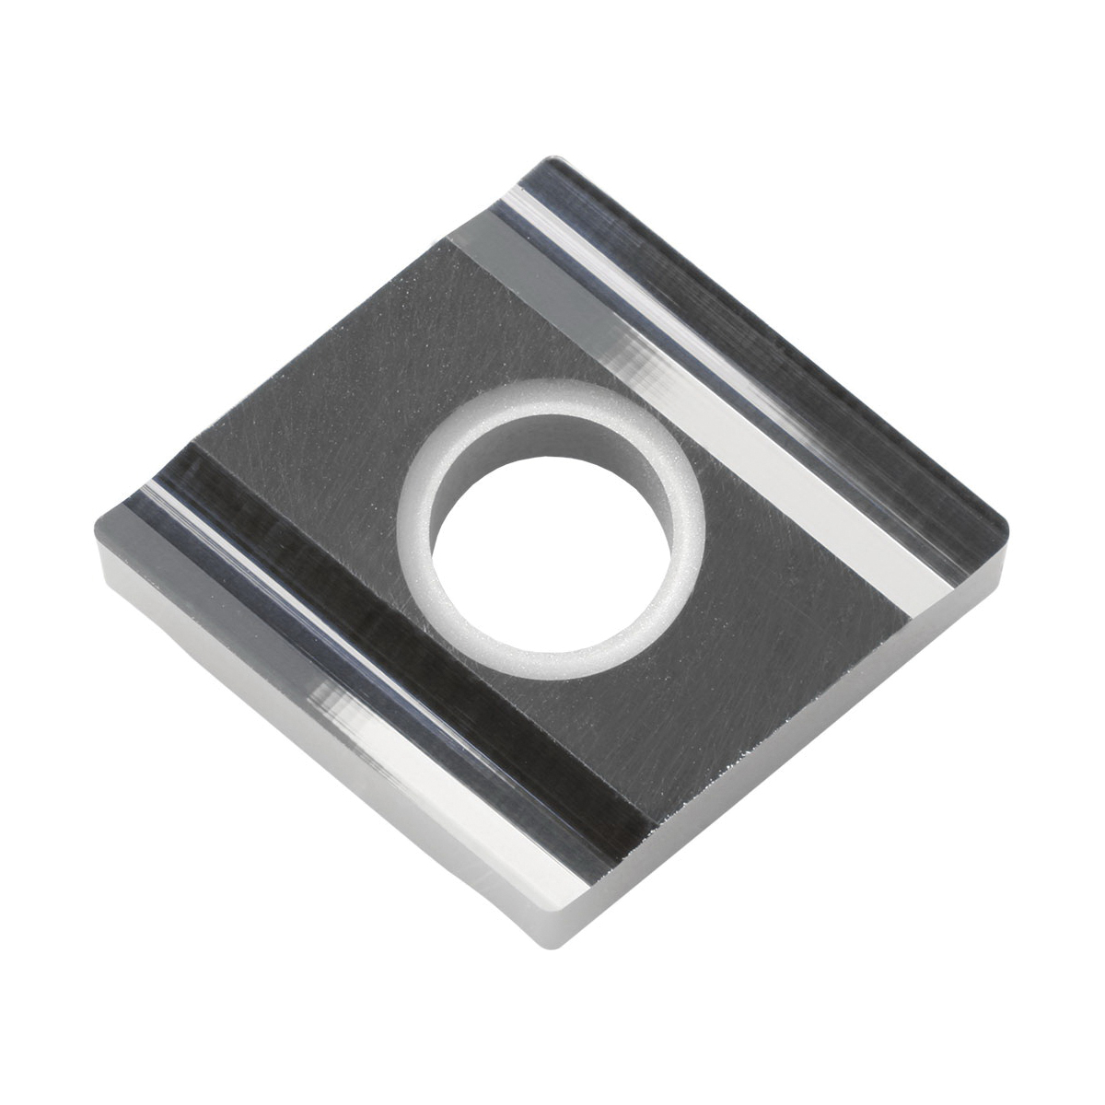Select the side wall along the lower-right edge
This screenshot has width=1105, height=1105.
[783, 764]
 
